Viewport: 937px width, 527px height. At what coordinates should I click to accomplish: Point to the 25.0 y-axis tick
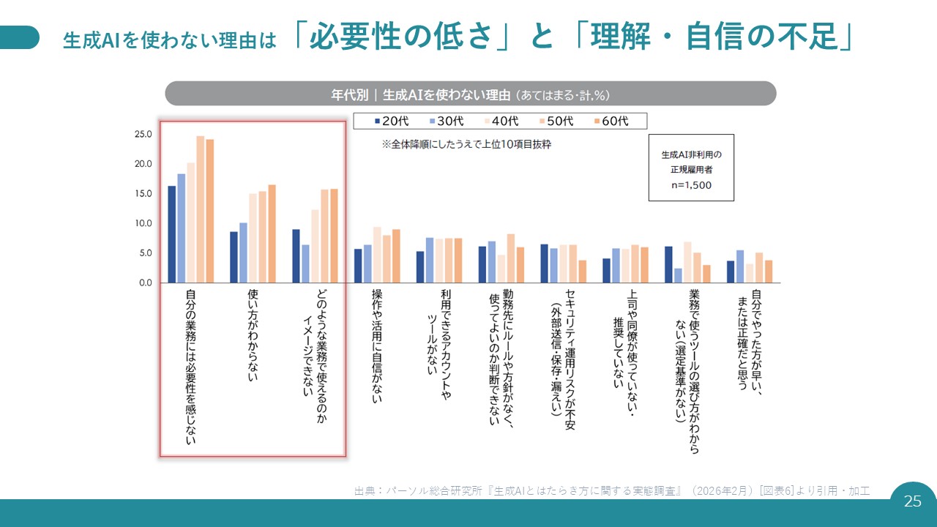tap(143, 135)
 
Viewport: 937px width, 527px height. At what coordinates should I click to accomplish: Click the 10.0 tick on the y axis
tap(143, 223)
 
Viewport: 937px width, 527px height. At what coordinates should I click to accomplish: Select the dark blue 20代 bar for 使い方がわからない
tap(234, 257)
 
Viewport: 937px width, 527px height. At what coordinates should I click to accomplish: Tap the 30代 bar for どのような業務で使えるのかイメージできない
tap(305, 263)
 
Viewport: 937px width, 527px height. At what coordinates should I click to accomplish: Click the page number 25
tap(913, 501)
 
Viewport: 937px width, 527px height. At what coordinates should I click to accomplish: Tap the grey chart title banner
tap(470, 94)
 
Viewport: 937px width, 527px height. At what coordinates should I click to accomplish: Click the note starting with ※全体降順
tap(466, 145)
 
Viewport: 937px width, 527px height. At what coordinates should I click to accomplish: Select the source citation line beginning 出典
tap(611, 490)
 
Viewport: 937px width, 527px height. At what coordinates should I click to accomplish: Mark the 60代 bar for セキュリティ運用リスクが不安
tap(582, 272)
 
